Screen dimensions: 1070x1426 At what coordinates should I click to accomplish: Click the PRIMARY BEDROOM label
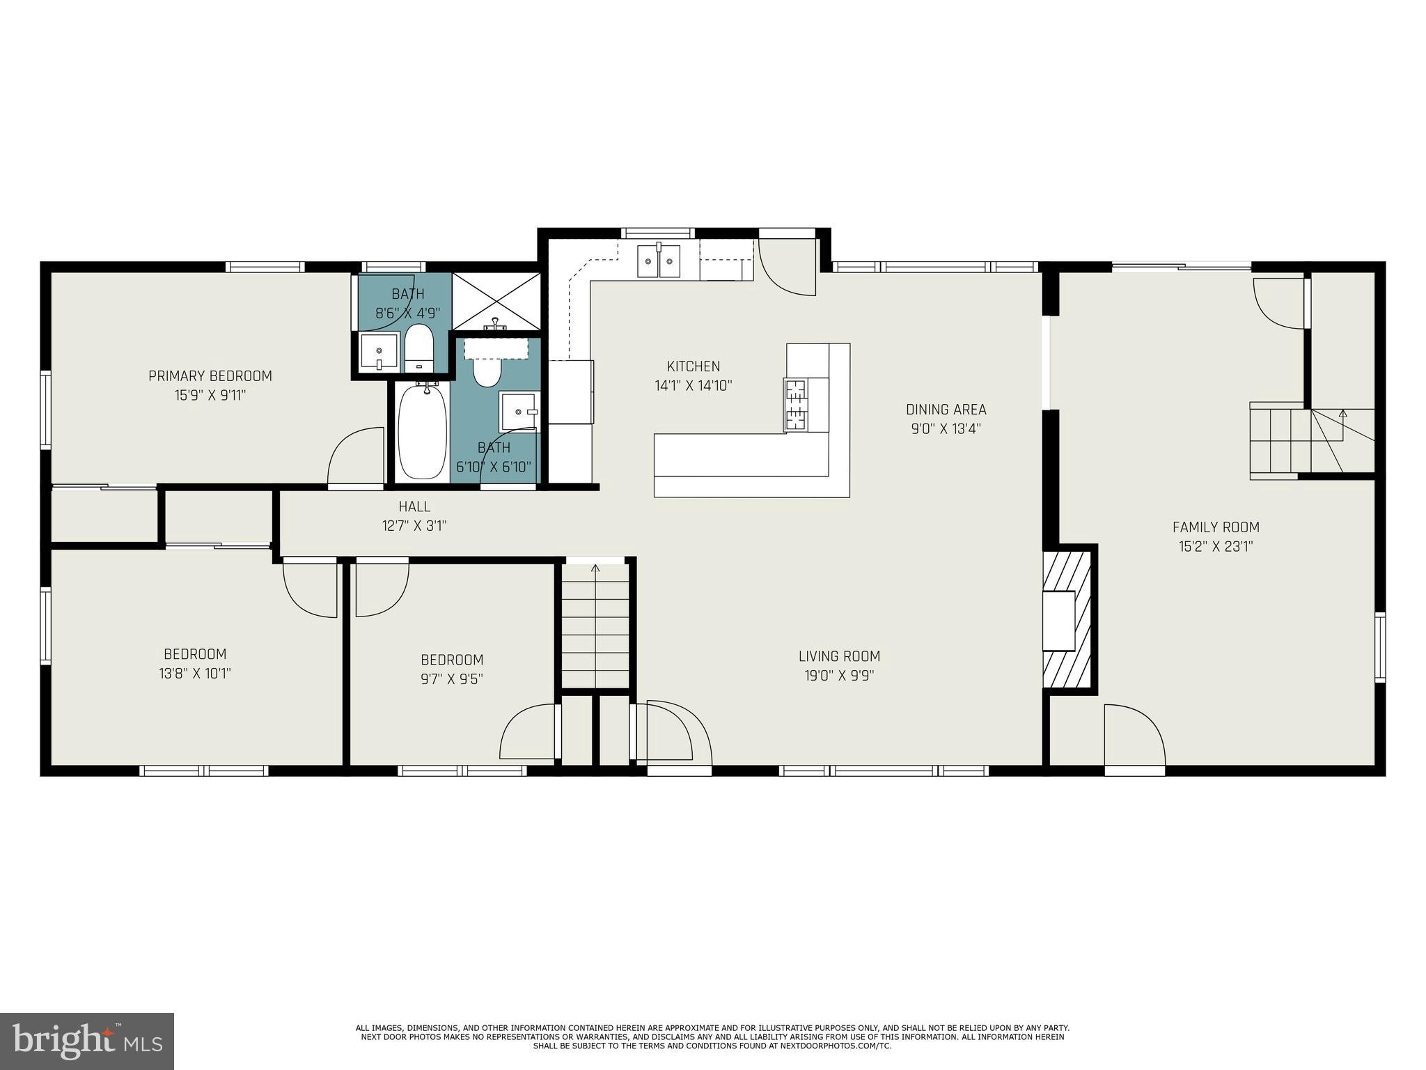click(x=210, y=376)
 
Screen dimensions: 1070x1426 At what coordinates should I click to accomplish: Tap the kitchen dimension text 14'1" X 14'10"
click(x=693, y=385)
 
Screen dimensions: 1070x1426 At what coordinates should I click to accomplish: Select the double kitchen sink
click(x=658, y=261)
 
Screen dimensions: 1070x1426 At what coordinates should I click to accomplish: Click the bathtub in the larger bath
click(x=422, y=432)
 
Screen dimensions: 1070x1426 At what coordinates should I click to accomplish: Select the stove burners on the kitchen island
click(x=795, y=405)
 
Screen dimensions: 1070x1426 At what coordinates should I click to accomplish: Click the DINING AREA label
click(x=946, y=410)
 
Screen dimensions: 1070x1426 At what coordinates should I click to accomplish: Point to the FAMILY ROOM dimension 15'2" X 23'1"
click(x=1216, y=547)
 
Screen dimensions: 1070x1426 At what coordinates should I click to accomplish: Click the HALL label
click(x=414, y=506)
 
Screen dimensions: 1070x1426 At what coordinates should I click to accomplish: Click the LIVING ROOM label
click(x=839, y=656)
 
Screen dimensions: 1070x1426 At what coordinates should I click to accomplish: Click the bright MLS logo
click(x=87, y=1041)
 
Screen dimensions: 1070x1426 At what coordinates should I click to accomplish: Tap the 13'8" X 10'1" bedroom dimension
click(x=195, y=674)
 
